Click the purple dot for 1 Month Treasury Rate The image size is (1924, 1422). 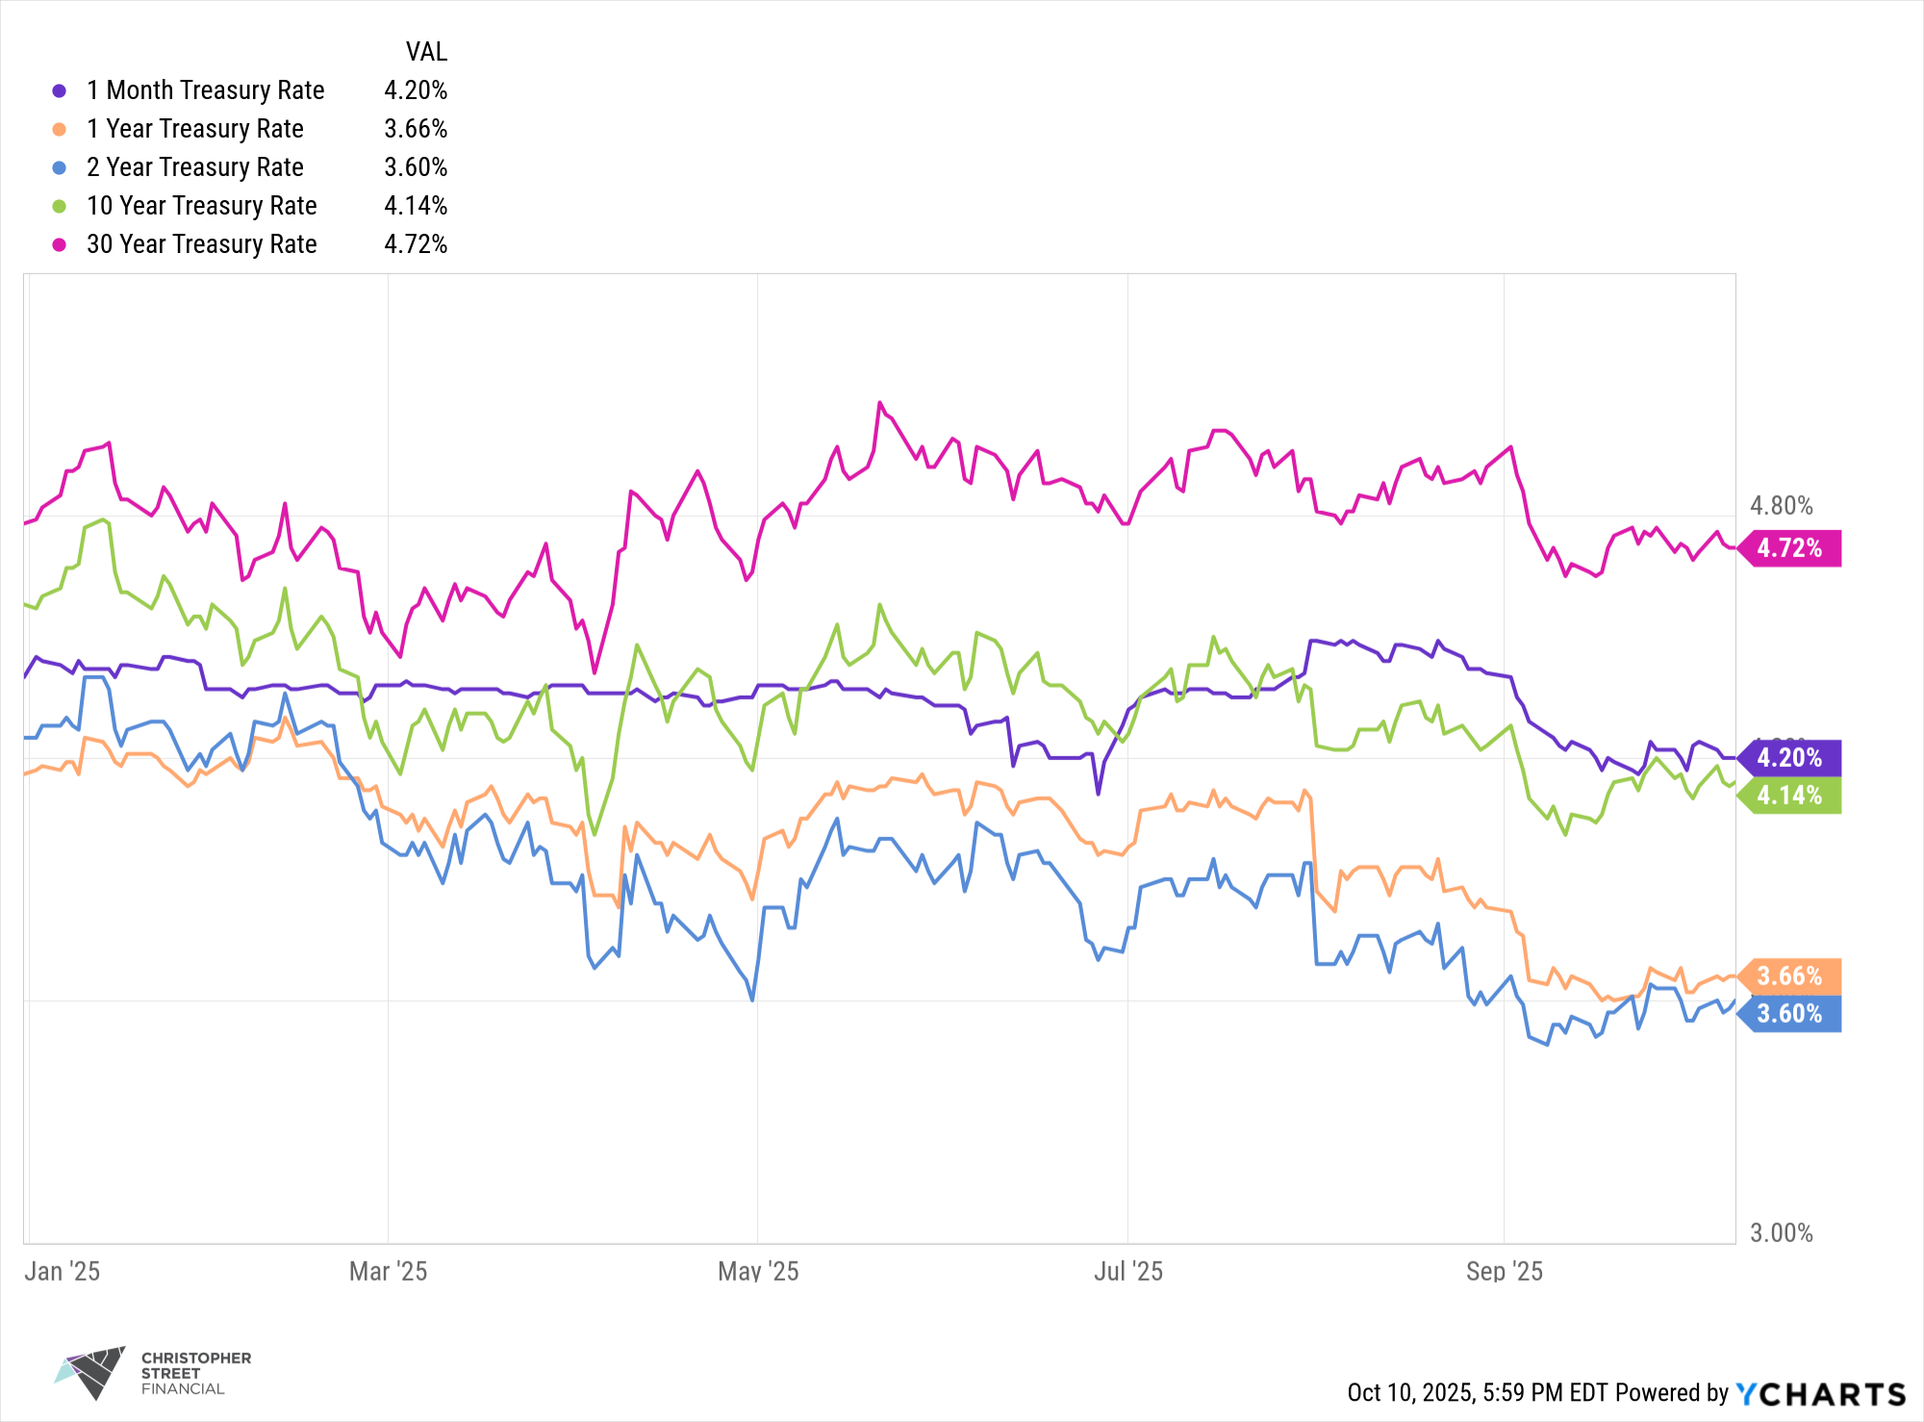click(60, 90)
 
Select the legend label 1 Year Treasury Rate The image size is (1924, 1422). click(194, 129)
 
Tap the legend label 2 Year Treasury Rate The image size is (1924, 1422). click(194, 167)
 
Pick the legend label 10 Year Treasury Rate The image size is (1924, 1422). click(201, 206)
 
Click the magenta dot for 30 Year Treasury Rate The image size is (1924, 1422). click(60, 244)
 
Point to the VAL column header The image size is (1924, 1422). click(426, 52)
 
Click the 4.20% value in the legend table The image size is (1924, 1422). click(416, 90)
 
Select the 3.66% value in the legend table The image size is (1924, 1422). click(416, 129)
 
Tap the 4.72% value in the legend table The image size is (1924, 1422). click(416, 244)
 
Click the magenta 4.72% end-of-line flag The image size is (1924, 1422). click(1790, 548)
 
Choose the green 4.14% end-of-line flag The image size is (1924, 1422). click(1790, 796)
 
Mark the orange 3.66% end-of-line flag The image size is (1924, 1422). click(1790, 977)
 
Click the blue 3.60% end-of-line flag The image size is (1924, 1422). click(1790, 1014)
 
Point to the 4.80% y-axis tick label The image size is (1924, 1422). click(1781, 506)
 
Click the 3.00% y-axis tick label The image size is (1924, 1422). click(1781, 1233)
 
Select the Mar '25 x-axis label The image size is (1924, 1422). click(388, 1272)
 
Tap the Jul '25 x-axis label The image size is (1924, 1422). click(1127, 1272)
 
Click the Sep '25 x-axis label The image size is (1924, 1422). click(1504, 1272)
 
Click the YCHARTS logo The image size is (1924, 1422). click(1820, 1394)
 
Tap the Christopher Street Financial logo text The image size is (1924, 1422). click(195, 1373)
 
